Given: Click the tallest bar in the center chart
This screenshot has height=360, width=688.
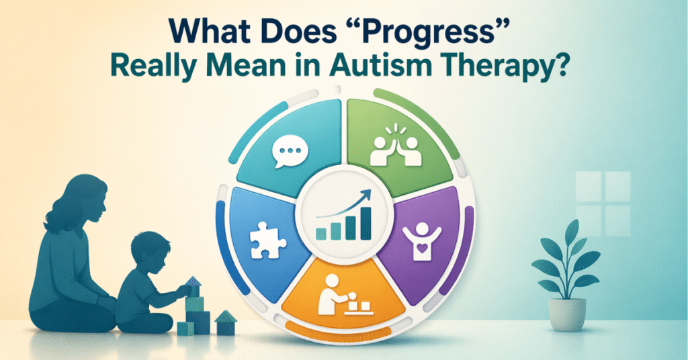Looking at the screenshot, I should click(x=366, y=222).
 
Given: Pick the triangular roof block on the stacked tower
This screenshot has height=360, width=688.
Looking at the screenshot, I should click(x=193, y=281).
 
